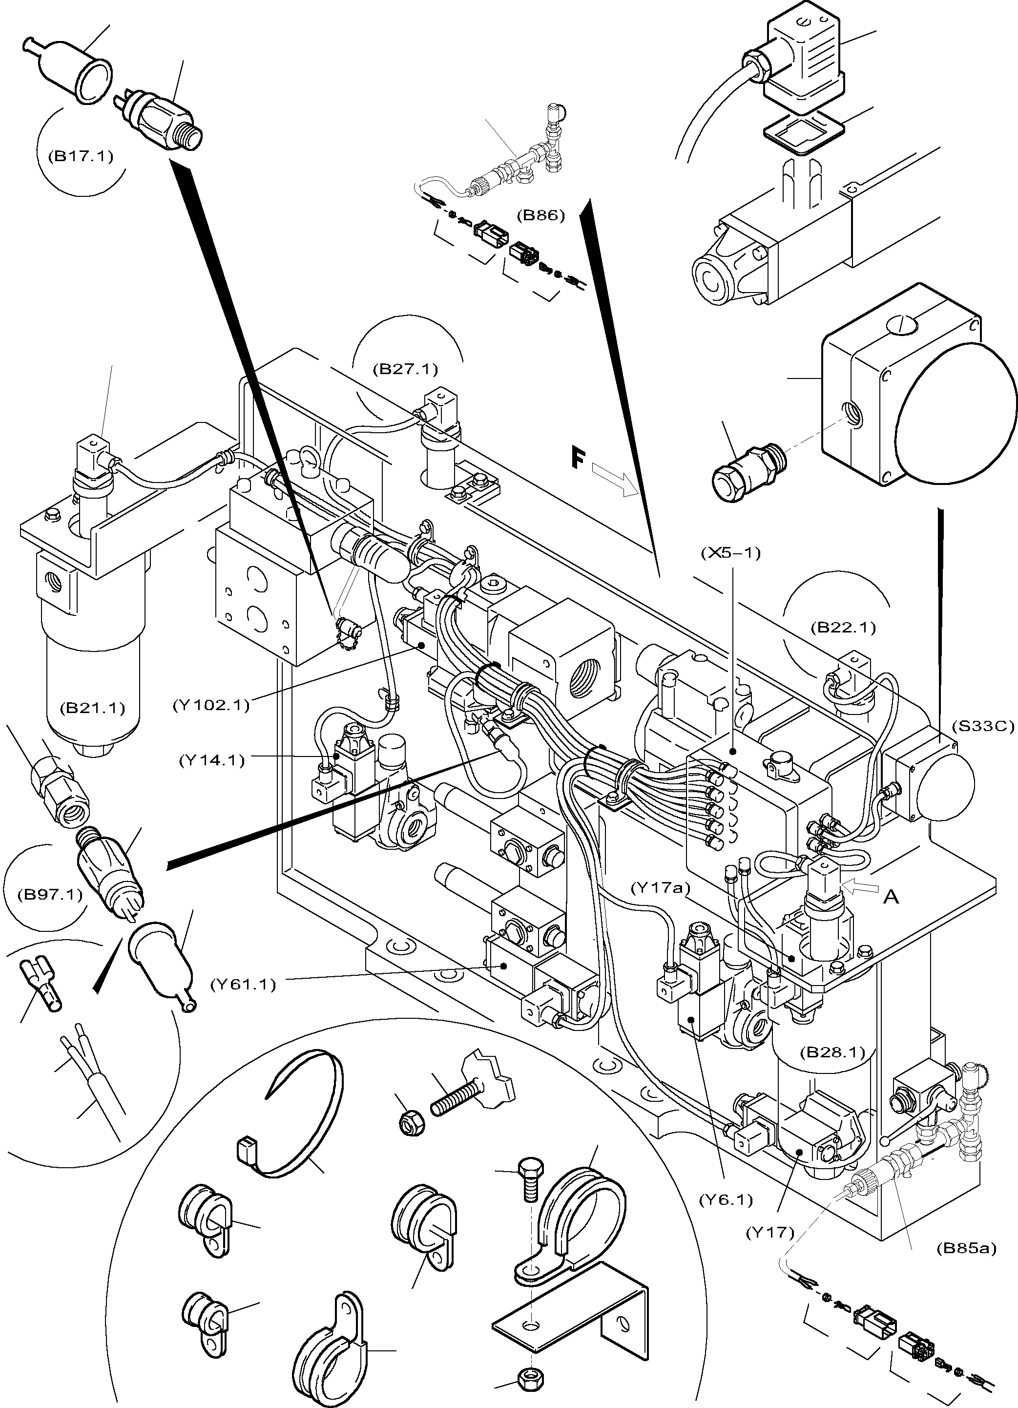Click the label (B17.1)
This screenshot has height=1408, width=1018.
80,156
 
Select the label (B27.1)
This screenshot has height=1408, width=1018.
405,369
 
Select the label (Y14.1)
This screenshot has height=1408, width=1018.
212,759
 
